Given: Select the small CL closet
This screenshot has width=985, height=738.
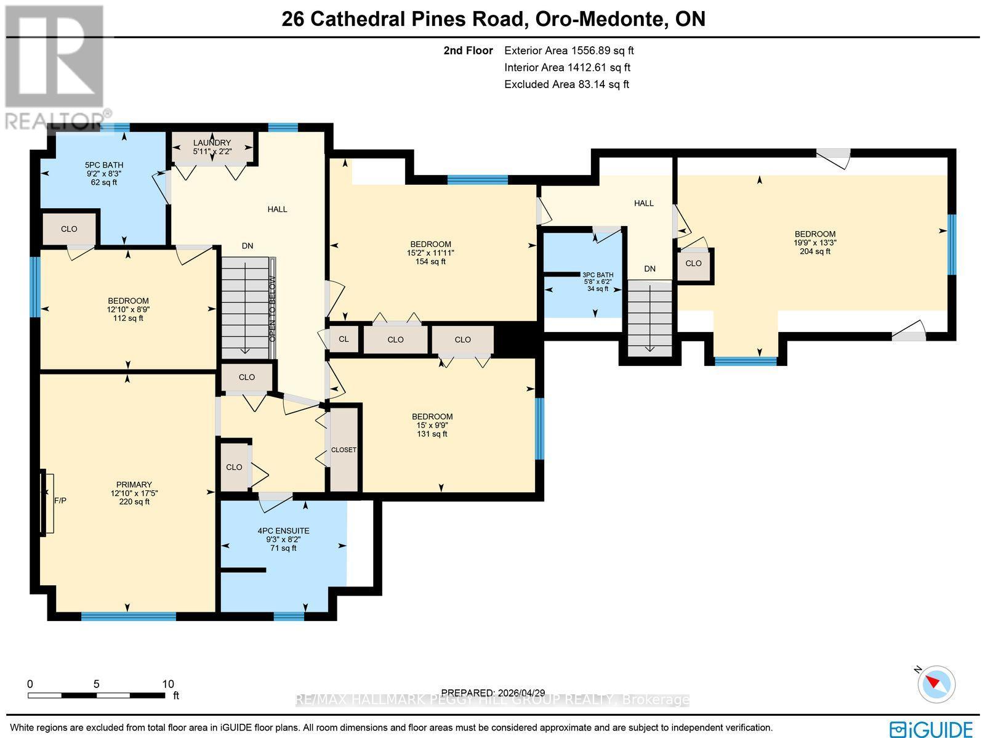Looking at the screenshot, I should [344, 339].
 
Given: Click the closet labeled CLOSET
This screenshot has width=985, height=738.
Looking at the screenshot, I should [344, 450].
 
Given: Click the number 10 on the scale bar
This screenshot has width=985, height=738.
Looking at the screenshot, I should [167, 684].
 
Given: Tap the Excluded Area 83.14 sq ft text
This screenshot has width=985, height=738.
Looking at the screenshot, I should [566, 84].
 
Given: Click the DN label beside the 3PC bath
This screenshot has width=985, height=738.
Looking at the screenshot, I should [649, 269].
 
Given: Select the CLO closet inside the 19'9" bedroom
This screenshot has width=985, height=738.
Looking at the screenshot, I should [693, 264].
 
